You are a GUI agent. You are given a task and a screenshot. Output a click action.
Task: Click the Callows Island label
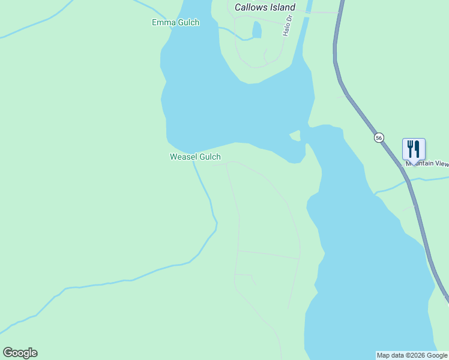tap(265, 8)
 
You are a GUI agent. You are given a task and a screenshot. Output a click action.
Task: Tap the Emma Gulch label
tap(175, 23)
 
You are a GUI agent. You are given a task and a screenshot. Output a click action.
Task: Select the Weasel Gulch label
tap(195, 157)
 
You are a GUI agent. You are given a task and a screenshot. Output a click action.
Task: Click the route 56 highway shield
tap(378, 137)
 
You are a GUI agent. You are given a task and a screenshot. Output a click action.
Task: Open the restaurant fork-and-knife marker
tap(414, 148)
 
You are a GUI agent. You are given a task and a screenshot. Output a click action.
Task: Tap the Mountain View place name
tap(427, 163)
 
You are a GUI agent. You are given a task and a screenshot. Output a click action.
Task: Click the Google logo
tap(20, 353)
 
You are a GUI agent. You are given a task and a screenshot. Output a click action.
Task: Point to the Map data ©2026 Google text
tap(412, 355)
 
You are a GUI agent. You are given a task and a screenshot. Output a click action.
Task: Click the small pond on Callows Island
tap(257, 29)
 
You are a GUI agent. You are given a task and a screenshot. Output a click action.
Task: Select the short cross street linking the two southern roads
tap(268, 255)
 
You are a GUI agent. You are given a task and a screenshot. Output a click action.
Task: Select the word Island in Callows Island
tap(282, 8)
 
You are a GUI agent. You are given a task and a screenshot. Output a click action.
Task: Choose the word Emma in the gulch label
tap(163, 23)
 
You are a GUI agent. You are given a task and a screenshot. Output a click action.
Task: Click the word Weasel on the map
tap(183, 157)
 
